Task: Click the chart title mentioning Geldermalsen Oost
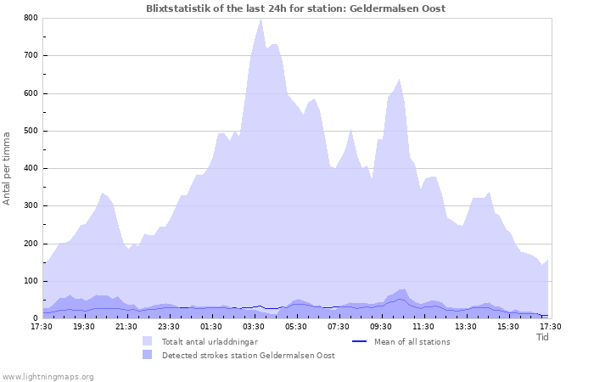pyautogui.click(x=295, y=8)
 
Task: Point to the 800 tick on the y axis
pyautogui.click(x=30, y=18)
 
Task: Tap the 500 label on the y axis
pyautogui.click(x=30, y=131)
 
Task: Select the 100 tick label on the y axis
pyautogui.click(x=30, y=281)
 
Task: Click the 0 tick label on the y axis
pyautogui.click(x=35, y=318)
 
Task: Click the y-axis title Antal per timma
pyautogui.click(x=8, y=168)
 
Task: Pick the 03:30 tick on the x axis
pyautogui.click(x=254, y=326)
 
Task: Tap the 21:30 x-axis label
pyautogui.click(x=126, y=326)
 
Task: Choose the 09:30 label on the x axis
pyautogui.click(x=381, y=326)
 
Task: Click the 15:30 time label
pyautogui.click(x=508, y=326)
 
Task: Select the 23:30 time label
pyautogui.click(x=169, y=326)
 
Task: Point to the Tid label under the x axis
pyautogui.click(x=543, y=337)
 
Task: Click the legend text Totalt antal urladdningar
pyautogui.click(x=210, y=341)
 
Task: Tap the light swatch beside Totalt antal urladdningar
pyautogui.click(x=148, y=341)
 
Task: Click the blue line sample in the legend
pyautogui.click(x=359, y=341)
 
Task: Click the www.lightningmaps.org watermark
pyautogui.click(x=48, y=376)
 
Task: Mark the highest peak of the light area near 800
pyautogui.click(x=261, y=19)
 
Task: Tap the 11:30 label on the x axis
pyautogui.click(x=423, y=326)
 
